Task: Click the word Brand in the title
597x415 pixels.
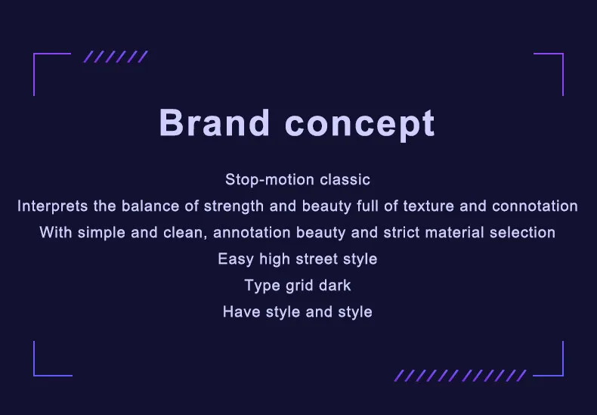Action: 215,122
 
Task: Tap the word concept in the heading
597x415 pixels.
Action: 360,125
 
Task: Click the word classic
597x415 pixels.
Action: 345,179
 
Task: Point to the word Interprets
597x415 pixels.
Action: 53,206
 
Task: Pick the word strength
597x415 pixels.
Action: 234,206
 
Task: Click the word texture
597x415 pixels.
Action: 428,206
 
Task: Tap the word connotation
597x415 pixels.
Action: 535,206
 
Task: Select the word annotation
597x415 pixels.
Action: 252,232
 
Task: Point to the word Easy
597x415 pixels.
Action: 236,259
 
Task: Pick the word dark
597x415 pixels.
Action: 335,285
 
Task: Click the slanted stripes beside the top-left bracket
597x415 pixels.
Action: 116,57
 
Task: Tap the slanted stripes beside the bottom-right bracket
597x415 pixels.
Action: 460,376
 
